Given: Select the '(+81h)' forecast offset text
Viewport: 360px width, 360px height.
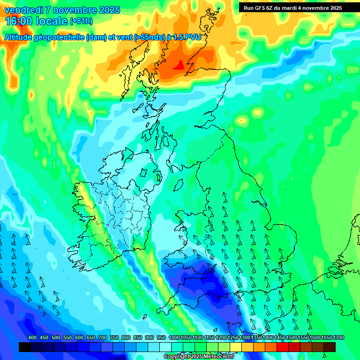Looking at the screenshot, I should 81,21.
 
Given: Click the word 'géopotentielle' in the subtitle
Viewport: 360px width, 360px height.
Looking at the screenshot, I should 58,37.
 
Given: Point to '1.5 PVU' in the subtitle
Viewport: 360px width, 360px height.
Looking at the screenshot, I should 187,37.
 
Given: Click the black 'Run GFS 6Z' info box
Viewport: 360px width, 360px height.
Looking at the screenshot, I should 292,7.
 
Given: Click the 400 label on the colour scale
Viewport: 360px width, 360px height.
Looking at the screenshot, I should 32,338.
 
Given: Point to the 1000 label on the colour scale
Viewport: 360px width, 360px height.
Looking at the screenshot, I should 174,338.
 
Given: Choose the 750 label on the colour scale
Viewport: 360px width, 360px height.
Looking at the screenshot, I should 114,338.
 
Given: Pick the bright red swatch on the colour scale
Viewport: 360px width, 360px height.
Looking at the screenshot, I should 283,347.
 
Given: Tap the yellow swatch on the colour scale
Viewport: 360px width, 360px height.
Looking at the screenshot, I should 236,347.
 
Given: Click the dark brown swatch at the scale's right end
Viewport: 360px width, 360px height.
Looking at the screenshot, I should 330,347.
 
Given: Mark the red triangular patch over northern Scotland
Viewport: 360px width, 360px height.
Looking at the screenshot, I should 179,66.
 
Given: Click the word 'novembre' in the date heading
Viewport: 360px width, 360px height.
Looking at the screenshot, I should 72,10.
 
